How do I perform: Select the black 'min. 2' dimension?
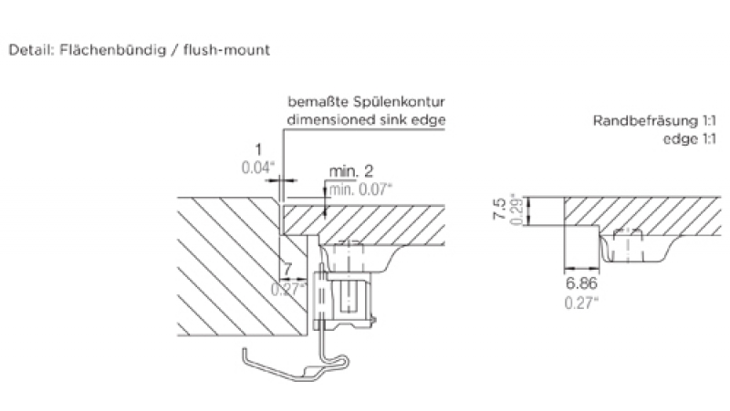tap(350, 172)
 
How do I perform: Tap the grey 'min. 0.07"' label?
tap(360, 189)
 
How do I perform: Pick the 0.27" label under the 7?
tap(288, 289)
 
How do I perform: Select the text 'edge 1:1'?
tap(690, 139)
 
